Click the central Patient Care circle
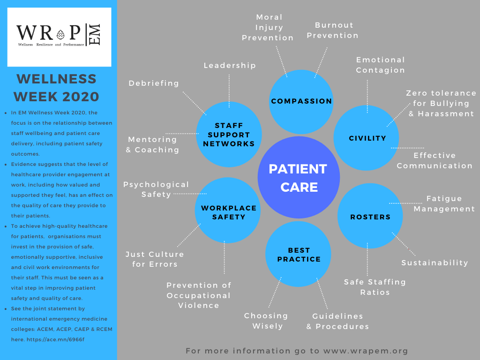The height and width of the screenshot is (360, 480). coord(298,178)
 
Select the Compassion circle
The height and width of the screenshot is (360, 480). coord(301,101)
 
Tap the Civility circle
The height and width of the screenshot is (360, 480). coord(367,138)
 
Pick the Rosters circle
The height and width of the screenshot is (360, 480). coord(370,217)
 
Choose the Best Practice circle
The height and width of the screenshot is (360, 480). coord(299,255)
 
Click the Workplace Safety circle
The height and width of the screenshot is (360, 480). coord(228,212)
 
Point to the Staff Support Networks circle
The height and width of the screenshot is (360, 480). coord(229,135)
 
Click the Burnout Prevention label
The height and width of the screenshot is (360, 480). coord(334,30)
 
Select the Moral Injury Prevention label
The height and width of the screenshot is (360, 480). coord(268,28)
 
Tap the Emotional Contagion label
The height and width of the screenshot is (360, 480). coord(380,65)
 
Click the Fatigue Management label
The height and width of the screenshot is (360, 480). coord(444,204)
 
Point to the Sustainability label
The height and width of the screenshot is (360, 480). coord(435,263)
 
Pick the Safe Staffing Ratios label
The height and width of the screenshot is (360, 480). coord(375,287)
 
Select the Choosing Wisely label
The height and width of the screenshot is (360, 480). coord(266,321)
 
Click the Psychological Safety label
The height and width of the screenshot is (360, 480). coord(156,189)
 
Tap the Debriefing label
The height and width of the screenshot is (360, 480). coord(154,83)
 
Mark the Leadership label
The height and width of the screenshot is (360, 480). coord(230,66)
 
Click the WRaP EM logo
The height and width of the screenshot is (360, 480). coord(59,37)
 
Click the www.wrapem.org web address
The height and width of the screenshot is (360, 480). coord(365,351)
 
